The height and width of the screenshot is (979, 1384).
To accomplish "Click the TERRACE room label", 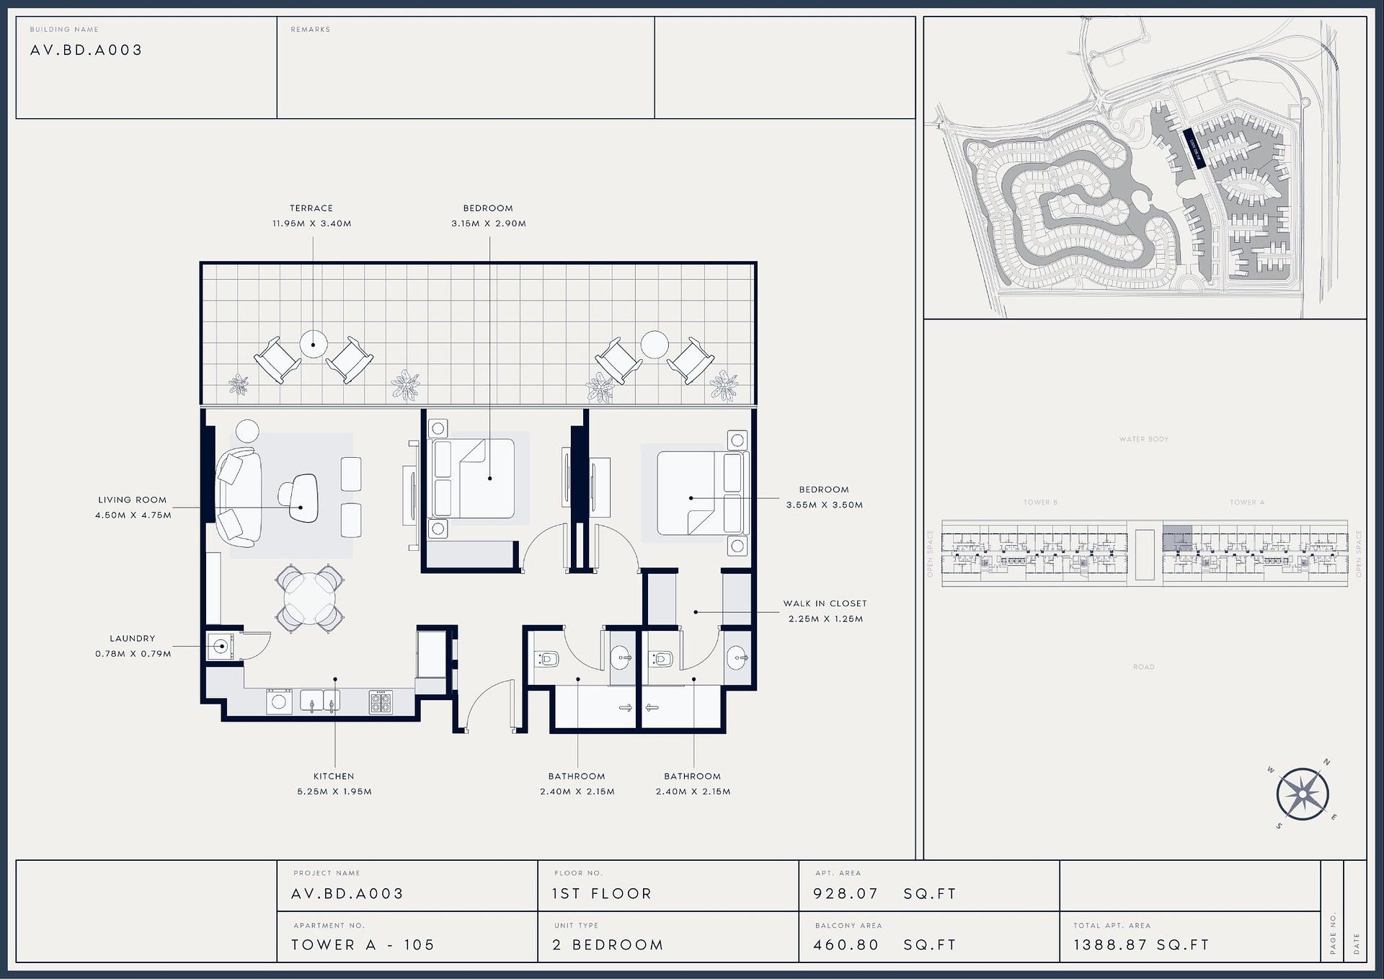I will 311,208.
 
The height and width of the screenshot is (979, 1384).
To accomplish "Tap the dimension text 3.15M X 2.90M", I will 489,223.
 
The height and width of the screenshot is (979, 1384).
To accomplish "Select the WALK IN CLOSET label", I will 825,603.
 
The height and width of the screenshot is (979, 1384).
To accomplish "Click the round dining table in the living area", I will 310,598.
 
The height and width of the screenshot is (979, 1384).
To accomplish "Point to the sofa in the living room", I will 238,497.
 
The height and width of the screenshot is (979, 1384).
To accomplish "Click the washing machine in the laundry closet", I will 221,646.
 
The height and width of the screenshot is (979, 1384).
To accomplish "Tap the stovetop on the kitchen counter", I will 381,701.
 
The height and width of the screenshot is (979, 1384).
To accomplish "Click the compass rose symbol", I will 1303,794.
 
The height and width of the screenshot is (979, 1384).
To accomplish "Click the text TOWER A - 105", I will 363,945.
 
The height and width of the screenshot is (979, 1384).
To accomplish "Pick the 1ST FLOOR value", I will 601,894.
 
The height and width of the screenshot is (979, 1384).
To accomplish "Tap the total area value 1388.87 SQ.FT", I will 1141,945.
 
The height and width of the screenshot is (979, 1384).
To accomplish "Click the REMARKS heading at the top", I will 311,30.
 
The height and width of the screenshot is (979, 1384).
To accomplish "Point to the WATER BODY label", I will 1144,439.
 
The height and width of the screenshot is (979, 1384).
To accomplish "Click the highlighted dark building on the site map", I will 1193,149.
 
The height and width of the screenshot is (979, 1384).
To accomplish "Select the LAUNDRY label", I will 132,638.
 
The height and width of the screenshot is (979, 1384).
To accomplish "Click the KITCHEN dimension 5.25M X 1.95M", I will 334,792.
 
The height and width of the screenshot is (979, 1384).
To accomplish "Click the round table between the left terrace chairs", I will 314,344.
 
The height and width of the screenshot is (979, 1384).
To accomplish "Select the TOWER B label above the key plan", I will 1040,502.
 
